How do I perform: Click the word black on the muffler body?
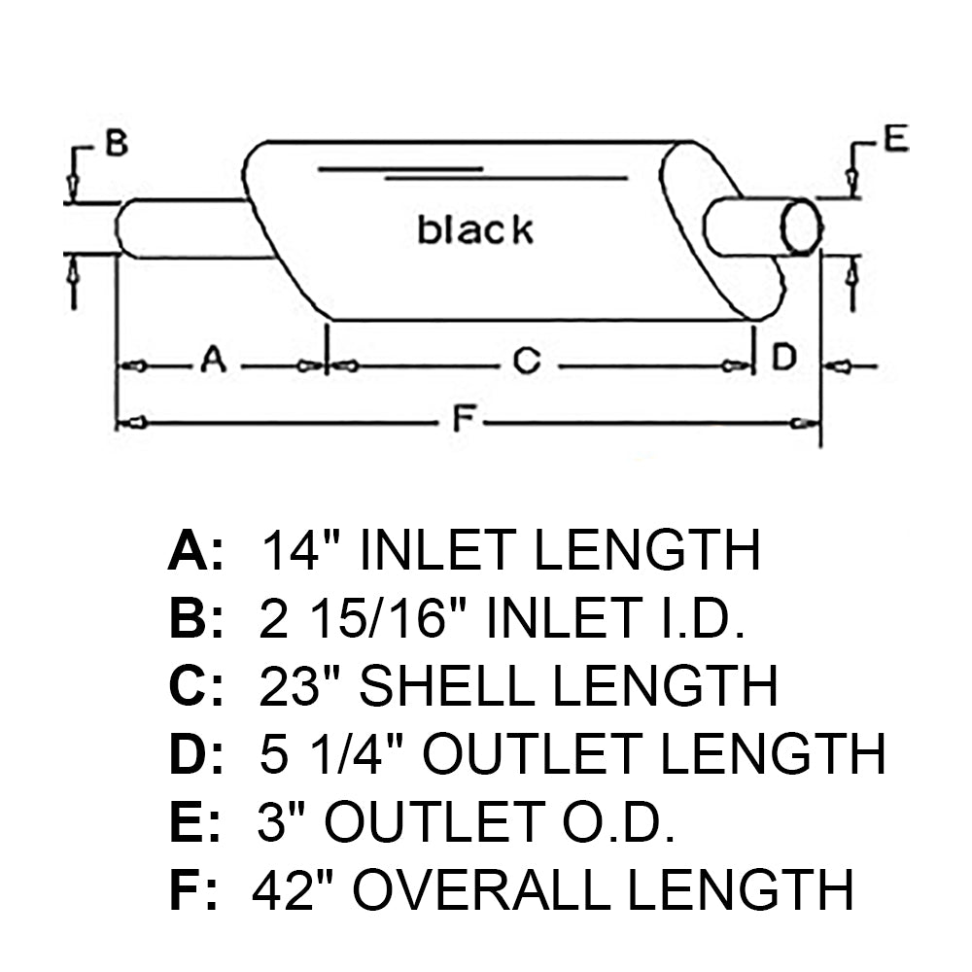pos(475,229)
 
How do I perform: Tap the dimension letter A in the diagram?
pos(213,359)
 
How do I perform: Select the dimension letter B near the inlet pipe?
pos(117,143)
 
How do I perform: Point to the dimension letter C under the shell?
pos(527,361)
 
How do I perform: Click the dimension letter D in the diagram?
pos(784,357)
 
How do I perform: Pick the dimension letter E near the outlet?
pos(896,138)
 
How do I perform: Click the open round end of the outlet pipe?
pos(801,226)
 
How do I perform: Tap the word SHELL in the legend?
pos(446,685)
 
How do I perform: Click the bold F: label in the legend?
pos(193,889)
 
